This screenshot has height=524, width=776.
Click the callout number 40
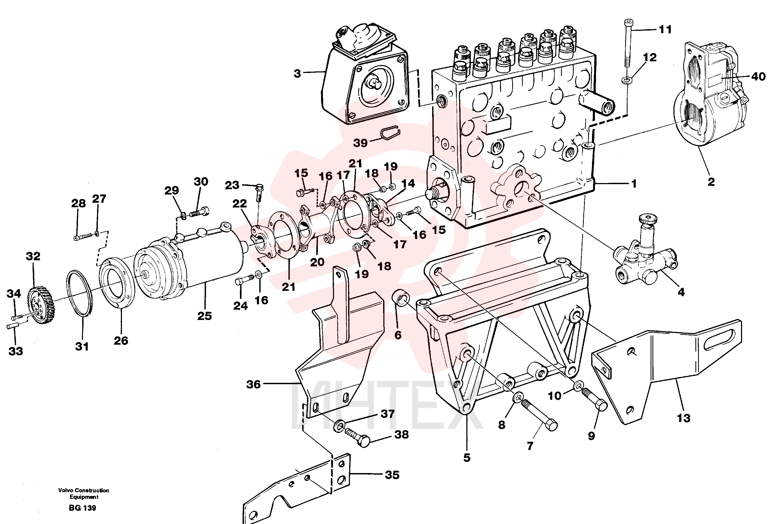click(x=758, y=76)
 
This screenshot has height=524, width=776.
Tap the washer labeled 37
click(x=339, y=425)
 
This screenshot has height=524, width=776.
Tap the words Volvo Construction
click(x=84, y=490)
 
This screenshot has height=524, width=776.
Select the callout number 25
click(x=205, y=316)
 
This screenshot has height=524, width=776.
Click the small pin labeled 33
click(x=13, y=326)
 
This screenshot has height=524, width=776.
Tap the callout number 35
click(x=392, y=475)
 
